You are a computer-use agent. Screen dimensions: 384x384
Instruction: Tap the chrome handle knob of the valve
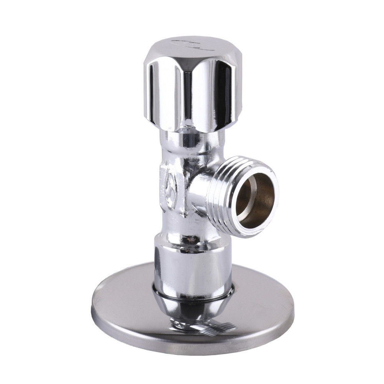click(192, 84)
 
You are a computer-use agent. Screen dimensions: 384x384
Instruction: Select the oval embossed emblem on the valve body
click(170, 188)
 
